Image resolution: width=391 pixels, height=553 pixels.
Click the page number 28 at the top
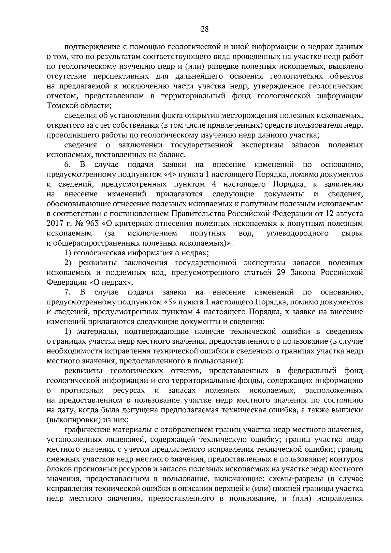click(x=205, y=29)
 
